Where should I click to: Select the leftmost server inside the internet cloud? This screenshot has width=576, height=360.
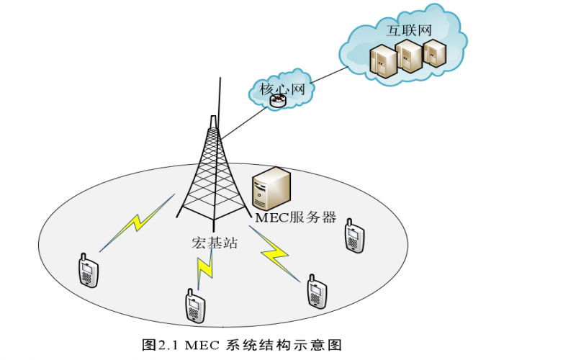382,61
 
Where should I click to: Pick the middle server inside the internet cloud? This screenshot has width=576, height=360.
408,58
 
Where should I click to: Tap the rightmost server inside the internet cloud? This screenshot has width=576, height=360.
433,53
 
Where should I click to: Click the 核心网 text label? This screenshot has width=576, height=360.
277,89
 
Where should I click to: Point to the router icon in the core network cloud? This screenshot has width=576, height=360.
278,103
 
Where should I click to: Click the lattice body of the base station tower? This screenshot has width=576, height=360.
212,173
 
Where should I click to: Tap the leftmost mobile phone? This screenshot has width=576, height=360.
88,271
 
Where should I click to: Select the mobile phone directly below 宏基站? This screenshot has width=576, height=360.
192,306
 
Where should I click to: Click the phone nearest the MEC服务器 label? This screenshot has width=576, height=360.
353,235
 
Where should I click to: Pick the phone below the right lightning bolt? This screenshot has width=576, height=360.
315,292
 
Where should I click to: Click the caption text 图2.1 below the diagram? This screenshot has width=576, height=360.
159,343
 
